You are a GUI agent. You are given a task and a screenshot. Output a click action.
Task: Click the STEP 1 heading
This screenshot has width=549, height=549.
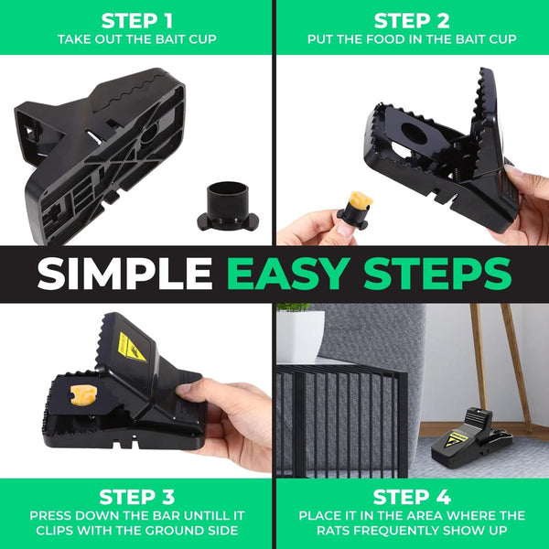tap(137, 19)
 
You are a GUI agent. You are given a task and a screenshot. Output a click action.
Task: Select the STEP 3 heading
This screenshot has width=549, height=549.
tap(137, 497)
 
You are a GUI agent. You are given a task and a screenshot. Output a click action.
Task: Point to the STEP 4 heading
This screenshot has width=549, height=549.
tap(413, 497)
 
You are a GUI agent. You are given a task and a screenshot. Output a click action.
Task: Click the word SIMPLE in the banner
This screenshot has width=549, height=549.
tap(124, 273)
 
